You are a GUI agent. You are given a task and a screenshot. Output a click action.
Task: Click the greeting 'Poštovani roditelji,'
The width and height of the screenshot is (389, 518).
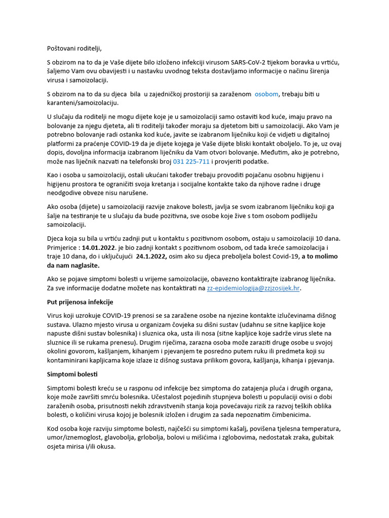point(74,49)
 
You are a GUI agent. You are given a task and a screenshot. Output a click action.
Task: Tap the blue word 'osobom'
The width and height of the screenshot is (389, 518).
point(266,94)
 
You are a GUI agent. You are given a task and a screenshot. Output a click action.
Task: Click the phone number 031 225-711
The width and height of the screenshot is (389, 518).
point(191,161)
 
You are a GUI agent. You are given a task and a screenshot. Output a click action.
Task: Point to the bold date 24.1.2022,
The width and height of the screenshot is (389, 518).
point(151,256)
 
